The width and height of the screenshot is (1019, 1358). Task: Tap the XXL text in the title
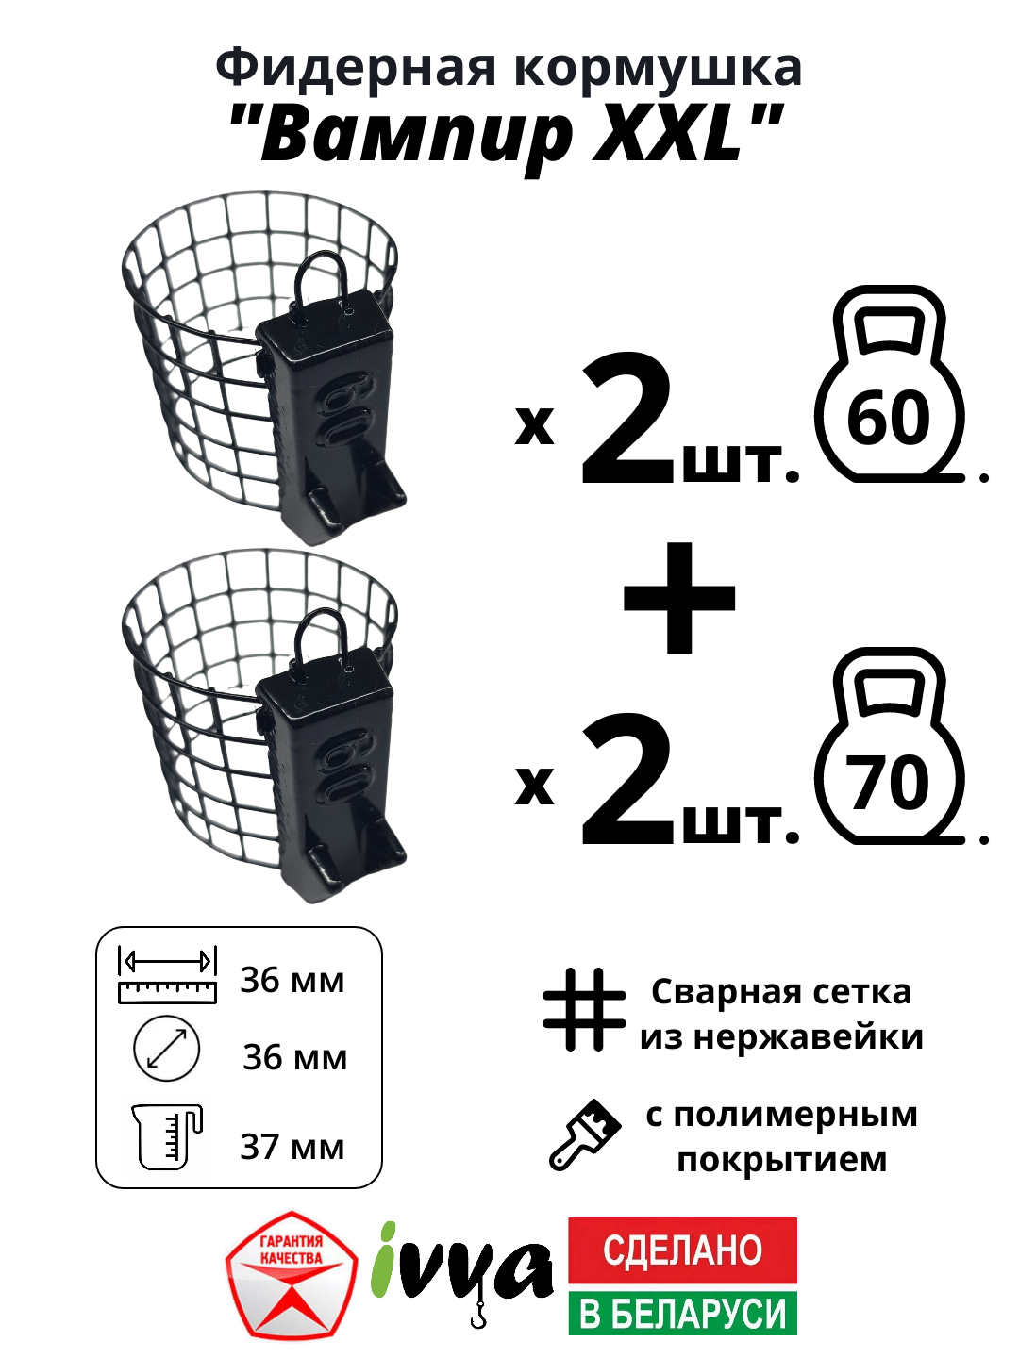[668, 135]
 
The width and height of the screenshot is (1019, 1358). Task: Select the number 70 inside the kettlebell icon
[888, 782]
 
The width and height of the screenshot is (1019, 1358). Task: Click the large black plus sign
[679, 598]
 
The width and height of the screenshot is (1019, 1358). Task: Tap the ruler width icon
[167, 975]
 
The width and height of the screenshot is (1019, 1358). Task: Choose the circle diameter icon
[167, 1049]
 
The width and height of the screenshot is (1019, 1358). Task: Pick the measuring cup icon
[168, 1136]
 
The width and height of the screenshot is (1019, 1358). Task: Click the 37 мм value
[292, 1147]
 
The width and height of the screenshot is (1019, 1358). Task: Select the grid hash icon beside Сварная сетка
[585, 1009]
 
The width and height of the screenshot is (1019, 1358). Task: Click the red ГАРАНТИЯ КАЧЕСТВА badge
[292, 1274]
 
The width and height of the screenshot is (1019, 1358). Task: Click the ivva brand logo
[462, 1268]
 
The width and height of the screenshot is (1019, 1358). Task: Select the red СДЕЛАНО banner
[682, 1250]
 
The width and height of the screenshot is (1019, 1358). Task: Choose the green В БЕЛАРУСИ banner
[682, 1314]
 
